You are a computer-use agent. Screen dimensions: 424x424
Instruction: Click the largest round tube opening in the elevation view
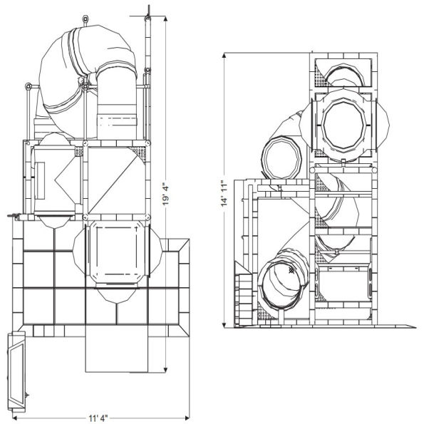(343, 126)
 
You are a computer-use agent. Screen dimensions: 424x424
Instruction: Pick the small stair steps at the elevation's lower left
(243, 296)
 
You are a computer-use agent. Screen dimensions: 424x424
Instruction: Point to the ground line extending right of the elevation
(399, 326)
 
